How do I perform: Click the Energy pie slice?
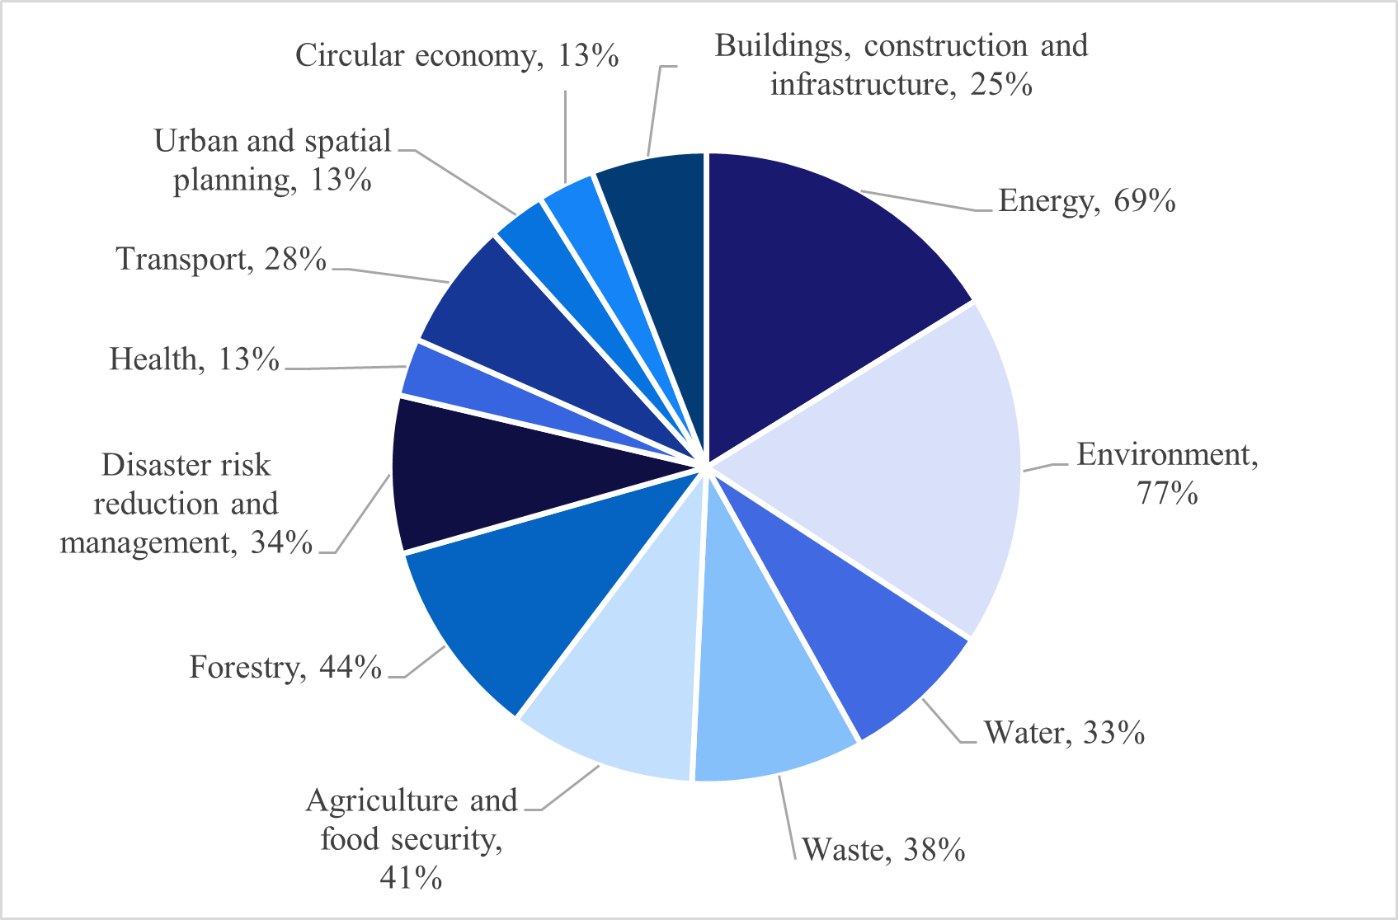click(x=817, y=280)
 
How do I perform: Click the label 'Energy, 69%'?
click(x=1086, y=201)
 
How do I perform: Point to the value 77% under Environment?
click(x=1167, y=494)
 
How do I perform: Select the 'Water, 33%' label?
click(x=1064, y=733)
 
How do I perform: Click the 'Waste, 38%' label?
click(x=883, y=850)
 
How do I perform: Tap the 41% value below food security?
click(x=411, y=878)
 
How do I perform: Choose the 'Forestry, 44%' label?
click(x=285, y=667)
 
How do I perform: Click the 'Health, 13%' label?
click(x=195, y=359)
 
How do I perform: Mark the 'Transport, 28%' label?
click(x=221, y=259)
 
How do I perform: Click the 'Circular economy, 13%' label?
click(x=457, y=55)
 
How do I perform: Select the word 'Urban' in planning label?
click(x=196, y=142)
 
